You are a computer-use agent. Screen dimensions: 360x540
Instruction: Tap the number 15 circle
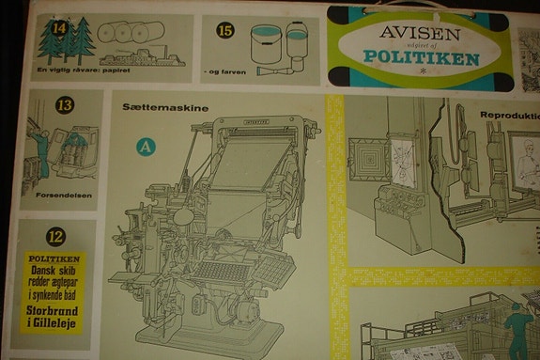(225, 30)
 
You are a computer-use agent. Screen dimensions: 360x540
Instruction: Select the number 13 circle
(65, 106)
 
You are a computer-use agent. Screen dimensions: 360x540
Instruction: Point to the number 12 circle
(56, 237)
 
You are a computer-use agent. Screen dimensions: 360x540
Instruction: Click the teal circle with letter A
(145, 146)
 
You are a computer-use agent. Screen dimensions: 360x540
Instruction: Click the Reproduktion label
(508, 116)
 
